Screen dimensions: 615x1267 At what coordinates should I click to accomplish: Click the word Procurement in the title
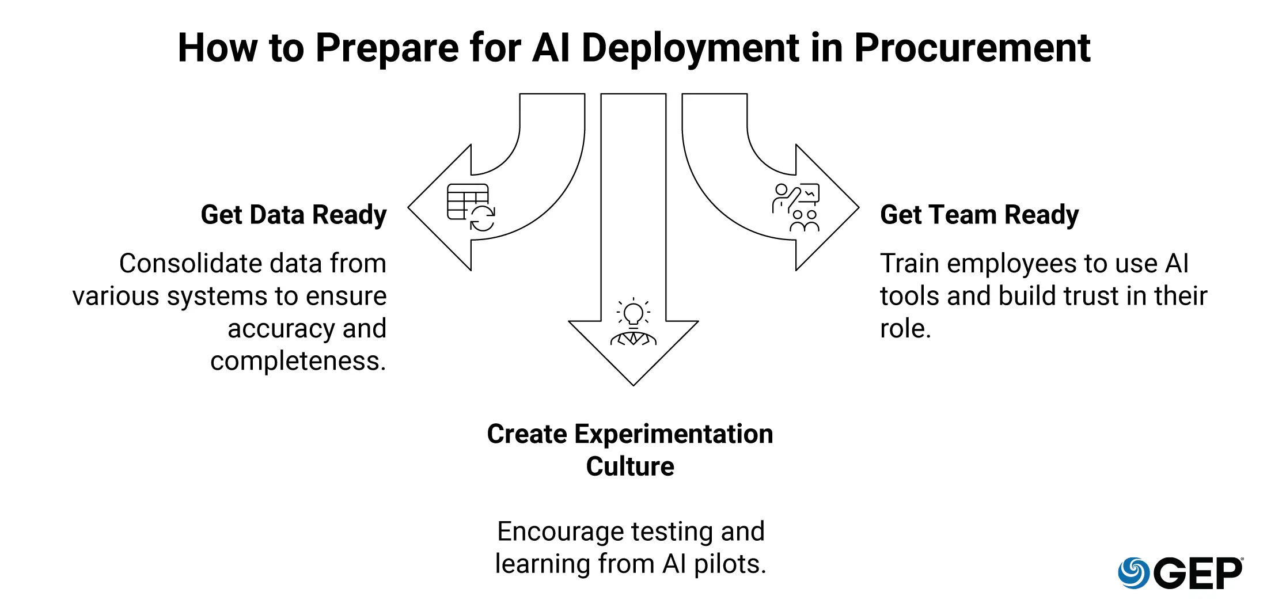pyautogui.click(x=972, y=48)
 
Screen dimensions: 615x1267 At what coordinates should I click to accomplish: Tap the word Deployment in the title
pyautogui.click(x=691, y=48)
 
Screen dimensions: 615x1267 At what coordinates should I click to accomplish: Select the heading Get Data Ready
pyautogui.click(x=294, y=215)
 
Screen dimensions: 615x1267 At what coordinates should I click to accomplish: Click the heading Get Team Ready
pyautogui.click(x=979, y=215)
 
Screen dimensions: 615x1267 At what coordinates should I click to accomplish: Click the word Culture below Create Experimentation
pyautogui.click(x=630, y=466)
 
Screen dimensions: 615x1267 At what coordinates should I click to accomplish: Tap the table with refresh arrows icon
pyautogui.click(x=471, y=207)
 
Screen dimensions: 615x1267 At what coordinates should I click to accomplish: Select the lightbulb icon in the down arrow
pyautogui.click(x=633, y=314)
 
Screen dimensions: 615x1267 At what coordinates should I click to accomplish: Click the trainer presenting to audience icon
pyautogui.click(x=796, y=207)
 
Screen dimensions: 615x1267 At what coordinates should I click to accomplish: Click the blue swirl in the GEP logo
pyautogui.click(x=1133, y=573)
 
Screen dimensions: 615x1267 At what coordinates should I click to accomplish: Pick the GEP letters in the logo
pyautogui.click(x=1198, y=574)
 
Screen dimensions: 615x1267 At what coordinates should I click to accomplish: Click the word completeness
pyautogui.click(x=298, y=362)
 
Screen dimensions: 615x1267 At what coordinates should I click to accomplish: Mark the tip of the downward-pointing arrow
pyautogui.click(x=633, y=385)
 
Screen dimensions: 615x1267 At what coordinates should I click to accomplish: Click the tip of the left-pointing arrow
pyautogui.click(x=409, y=207)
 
